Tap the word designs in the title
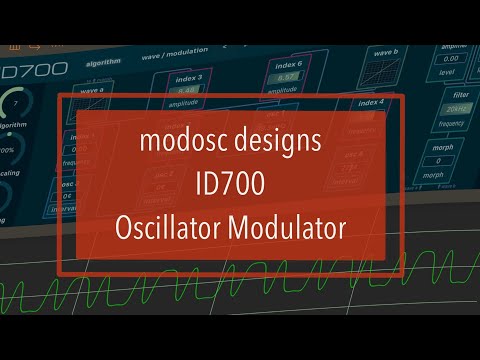click(279, 143)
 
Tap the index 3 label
click(188, 77)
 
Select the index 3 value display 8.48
click(188, 88)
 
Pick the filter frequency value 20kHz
click(457, 108)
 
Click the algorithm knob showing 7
click(12, 104)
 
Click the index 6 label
click(288, 64)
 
